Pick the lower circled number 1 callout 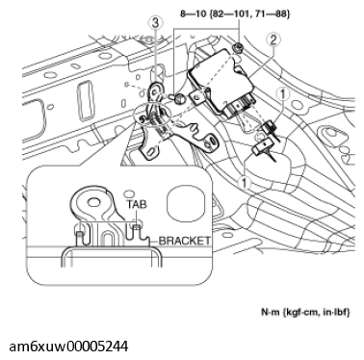[246, 180]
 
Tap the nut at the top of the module [237, 48]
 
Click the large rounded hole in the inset [184, 205]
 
